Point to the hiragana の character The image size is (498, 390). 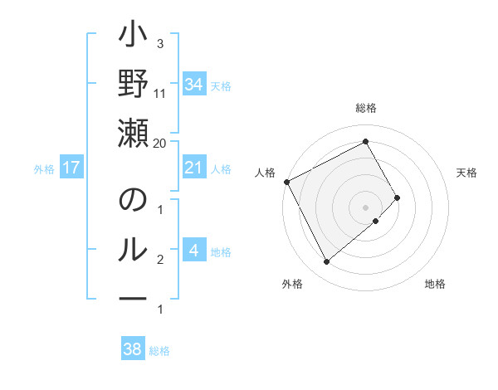coord(133,202)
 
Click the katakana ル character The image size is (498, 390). coord(133,250)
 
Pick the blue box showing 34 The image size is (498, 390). coord(193,85)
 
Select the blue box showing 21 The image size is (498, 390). coord(193,168)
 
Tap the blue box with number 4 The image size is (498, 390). coord(193,251)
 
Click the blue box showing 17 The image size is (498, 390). coord(71,168)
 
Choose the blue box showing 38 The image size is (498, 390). coord(132,349)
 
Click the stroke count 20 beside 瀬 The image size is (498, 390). coord(160,143)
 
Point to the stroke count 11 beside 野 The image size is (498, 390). coord(160,93)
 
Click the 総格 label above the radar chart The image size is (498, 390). coord(366,109)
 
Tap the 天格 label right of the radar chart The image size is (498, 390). coord(467,173)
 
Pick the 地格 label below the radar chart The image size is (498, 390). coord(435,284)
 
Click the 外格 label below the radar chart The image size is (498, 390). coord(292,284)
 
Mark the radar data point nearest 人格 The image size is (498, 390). coord(286,181)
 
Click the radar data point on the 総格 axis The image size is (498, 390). coord(366,141)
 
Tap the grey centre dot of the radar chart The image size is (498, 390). coord(366,206)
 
